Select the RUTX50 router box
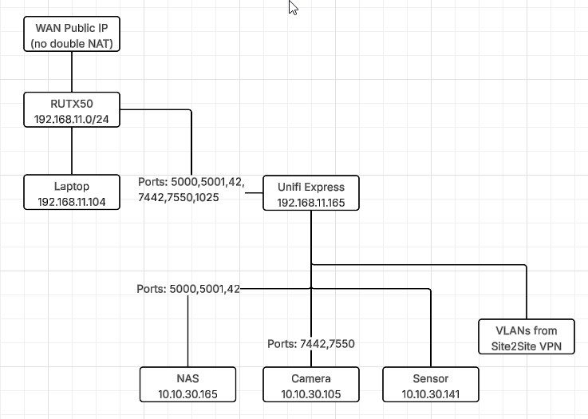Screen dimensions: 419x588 (x=72, y=110)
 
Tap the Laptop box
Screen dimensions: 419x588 (x=72, y=192)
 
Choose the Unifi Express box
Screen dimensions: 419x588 (x=311, y=193)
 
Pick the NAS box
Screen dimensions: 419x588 (x=187, y=385)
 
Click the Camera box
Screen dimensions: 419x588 (x=311, y=385)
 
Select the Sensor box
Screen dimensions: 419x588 (x=431, y=385)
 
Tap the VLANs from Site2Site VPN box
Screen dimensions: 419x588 (x=527, y=338)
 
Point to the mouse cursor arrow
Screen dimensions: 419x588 (x=293, y=8)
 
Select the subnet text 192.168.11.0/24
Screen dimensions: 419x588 (x=72, y=118)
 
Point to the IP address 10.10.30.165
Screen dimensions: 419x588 (x=187, y=393)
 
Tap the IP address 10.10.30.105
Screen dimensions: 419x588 (x=311, y=393)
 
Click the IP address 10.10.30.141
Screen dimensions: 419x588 (x=431, y=393)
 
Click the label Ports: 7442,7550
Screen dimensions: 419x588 (x=311, y=344)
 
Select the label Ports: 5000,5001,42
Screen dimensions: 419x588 (x=188, y=288)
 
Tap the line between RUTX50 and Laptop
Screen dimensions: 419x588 (x=72, y=151)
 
